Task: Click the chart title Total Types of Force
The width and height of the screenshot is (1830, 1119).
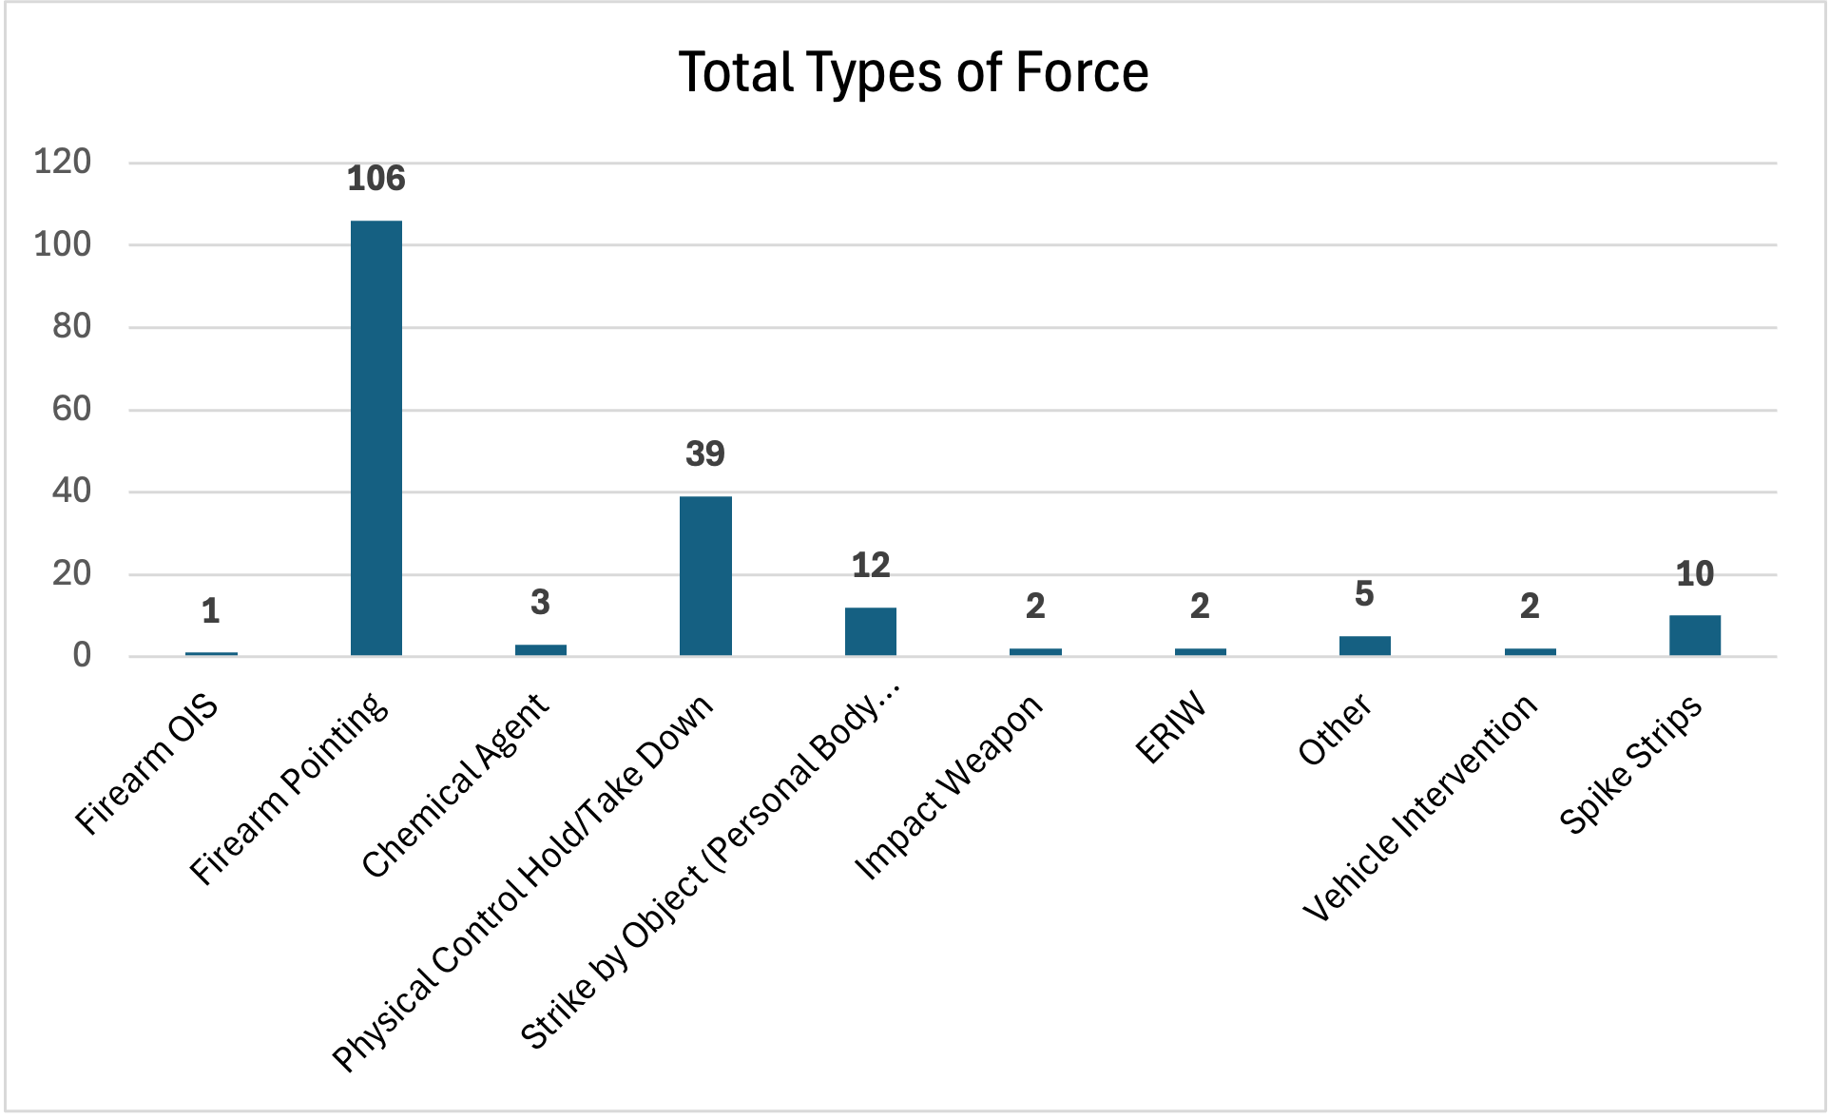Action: [914, 72]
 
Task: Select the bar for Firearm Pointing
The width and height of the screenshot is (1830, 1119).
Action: [376, 437]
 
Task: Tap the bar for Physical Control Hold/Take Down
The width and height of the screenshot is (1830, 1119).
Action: [705, 575]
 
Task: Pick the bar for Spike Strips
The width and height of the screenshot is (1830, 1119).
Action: [1694, 635]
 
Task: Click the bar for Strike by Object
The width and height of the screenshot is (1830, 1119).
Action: [870, 631]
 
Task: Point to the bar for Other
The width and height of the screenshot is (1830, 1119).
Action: [1364, 646]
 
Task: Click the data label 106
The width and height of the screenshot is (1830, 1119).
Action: [376, 179]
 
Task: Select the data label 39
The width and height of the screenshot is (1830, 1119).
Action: [705, 453]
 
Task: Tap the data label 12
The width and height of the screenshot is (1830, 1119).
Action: [870, 566]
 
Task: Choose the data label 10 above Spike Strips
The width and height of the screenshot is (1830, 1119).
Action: [1694, 573]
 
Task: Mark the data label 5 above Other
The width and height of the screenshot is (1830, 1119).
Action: [1364, 594]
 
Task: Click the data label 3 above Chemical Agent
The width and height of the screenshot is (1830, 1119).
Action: [540, 602]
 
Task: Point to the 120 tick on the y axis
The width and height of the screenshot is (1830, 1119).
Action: [63, 162]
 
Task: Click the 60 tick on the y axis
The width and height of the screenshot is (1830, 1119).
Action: [72, 409]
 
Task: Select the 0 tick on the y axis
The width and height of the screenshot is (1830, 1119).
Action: [82, 655]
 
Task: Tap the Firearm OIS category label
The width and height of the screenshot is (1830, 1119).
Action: [147, 765]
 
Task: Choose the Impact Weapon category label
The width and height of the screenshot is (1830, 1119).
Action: [949, 787]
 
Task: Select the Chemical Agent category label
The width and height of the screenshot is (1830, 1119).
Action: [455, 785]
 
